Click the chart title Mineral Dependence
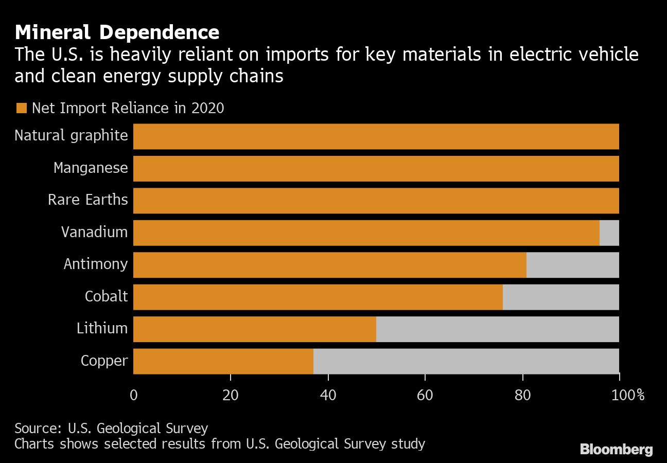coord(117,33)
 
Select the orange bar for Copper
coord(223,361)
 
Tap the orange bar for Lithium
coord(255,329)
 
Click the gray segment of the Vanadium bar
coord(609,233)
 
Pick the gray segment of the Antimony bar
coord(572,264)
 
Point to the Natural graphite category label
coord(71,136)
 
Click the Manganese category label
coord(91,168)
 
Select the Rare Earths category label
coord(87,200)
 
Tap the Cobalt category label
coord(106,297)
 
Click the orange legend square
coord(21,109)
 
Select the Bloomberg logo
coord(616,449)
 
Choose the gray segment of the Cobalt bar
coord(560,297)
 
